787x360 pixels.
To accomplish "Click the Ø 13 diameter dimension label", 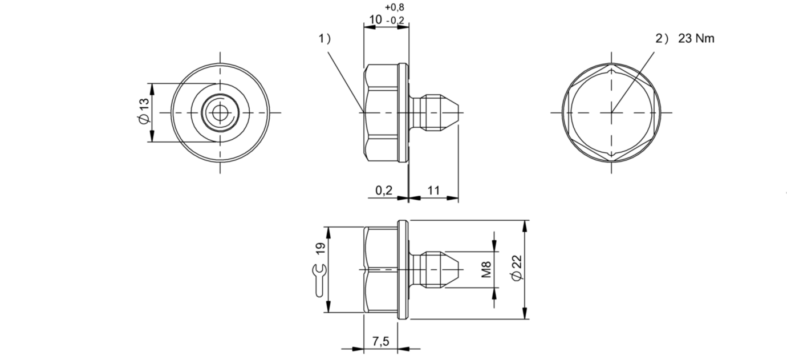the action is [x=144, y=111].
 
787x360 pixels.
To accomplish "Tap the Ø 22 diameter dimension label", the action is [x=517, y=268].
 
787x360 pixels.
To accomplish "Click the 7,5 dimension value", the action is [x=381, y=341].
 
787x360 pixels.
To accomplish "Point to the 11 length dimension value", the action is [x=433, y=191].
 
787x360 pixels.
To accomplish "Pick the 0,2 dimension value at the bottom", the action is [x=384, y=191].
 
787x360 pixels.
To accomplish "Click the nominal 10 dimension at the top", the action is [x=375, y=20].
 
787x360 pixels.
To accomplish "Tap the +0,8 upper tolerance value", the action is [x=395, y=7].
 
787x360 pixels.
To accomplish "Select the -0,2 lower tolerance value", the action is [x=395, y=21].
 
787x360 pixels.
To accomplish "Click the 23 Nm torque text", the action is [x=696, y=38].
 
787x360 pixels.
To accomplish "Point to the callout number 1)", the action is [x=324, y=38].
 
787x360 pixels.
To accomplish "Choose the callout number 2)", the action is [x=662, y=38].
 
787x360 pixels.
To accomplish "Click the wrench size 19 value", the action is [x=321, y=249].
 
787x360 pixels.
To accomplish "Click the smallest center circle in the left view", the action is [x=220, y=112].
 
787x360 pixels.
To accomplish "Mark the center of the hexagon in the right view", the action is [x=611, y=112].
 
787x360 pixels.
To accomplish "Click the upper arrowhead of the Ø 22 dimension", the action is [x=525, y=226].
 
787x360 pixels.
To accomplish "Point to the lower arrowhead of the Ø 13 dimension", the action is [x=152, y=136].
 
